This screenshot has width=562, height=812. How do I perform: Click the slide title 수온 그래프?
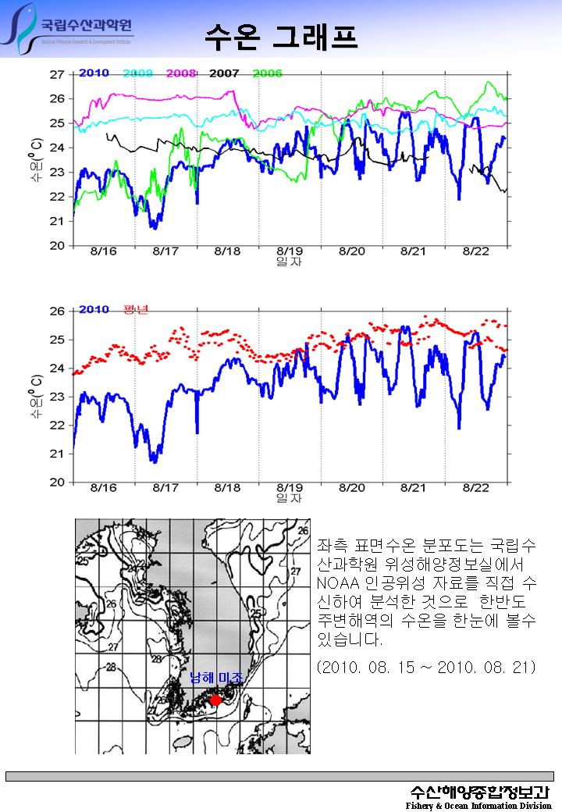281,35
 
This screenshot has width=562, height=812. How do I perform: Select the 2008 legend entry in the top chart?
180,73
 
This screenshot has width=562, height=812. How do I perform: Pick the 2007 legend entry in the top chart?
224,73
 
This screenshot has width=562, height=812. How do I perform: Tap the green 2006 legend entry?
267,73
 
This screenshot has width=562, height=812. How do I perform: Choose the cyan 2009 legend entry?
137,73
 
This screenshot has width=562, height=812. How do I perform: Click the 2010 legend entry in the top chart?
94,73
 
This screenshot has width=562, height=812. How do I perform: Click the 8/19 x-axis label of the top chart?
290,251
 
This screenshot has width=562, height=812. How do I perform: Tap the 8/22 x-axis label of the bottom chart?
476,488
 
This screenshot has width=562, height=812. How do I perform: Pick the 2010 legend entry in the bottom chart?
94,310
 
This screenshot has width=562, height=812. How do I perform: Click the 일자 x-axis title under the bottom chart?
289,498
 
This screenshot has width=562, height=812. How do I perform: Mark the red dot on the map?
216,700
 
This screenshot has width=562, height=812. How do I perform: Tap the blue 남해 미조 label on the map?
216,678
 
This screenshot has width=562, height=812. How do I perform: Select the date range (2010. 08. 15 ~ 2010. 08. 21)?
426,668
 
